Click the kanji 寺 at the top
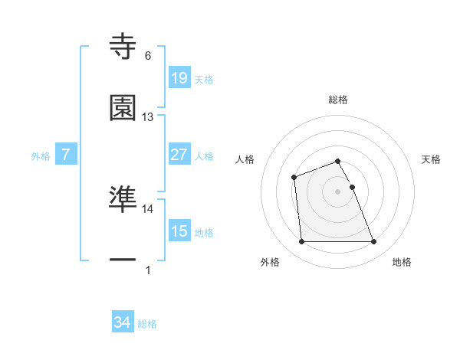click(x=123, y=47)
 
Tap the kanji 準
click(x=123, y=198)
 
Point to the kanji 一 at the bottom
click(x=123, y=260)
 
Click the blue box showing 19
click(x=179, y=78)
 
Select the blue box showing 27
click(x=179, y=155)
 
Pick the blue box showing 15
click(x=179, y=231)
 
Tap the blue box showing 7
click(x=66, y=155)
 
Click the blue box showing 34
click(x=122, y=323)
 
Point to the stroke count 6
click(x=148, y=56)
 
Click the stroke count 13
click(x=148, y=117)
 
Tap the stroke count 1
click(x=148, y=270)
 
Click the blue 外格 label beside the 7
click(x=41, y=155)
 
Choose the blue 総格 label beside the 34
click(x=147, y=324)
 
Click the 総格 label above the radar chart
click(x=338, y=100)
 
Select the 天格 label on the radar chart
click(x=431, y=159)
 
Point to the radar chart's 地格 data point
click(x=373, y=242)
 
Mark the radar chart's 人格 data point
click(x=294, y=178)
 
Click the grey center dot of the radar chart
click(x=338, y=191)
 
